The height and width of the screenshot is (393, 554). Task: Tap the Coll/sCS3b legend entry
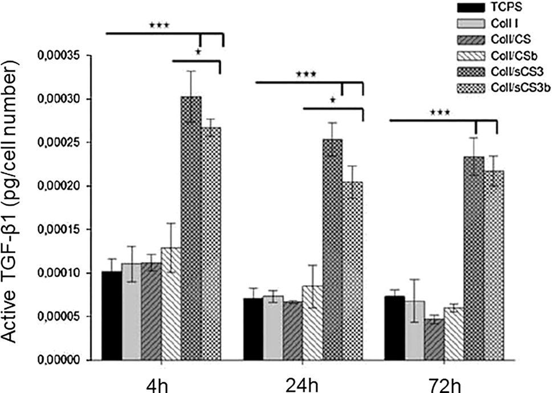coord(518,87)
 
